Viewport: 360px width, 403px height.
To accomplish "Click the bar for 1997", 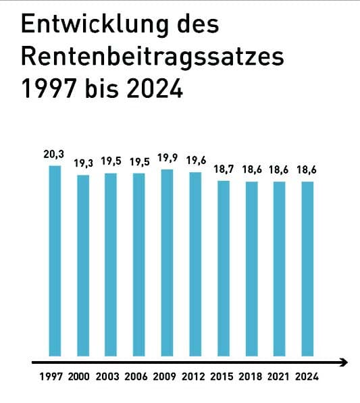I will (55, 260).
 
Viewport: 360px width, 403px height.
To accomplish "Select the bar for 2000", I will (83, 265).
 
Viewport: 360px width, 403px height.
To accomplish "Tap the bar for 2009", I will (168, 262).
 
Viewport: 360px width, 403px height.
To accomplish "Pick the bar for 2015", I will (224, 267).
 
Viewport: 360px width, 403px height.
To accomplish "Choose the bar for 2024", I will (308, 268).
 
